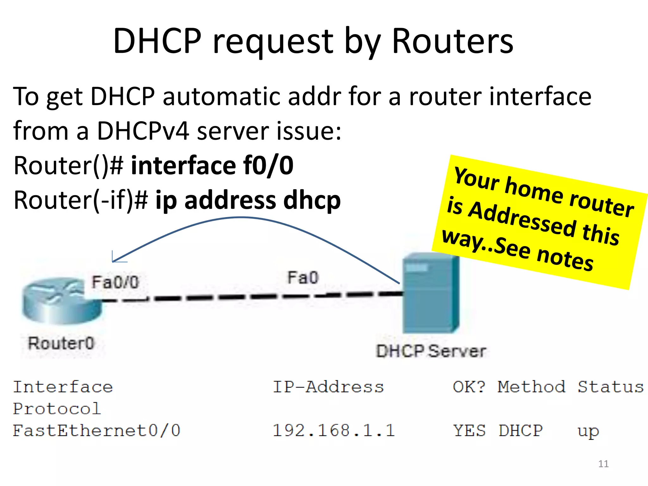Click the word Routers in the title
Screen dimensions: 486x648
pos(452,41)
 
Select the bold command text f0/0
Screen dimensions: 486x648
pos(268,165)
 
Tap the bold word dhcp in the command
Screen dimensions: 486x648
pos(312,200)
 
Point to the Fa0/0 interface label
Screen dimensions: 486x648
pos(115,282)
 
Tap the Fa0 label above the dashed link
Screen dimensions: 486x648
pos(303,278)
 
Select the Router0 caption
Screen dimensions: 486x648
pos(61,343)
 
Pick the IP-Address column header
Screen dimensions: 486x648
pos(328,387)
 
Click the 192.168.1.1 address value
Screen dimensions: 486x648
pos(333,431)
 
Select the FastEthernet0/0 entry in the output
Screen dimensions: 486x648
pos(97,431)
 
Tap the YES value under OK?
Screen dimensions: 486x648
pos(469,431)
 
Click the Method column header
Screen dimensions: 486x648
pos(531,387)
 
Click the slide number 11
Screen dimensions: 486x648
pos(603,464)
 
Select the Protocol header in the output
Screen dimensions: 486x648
pos(57,409)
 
